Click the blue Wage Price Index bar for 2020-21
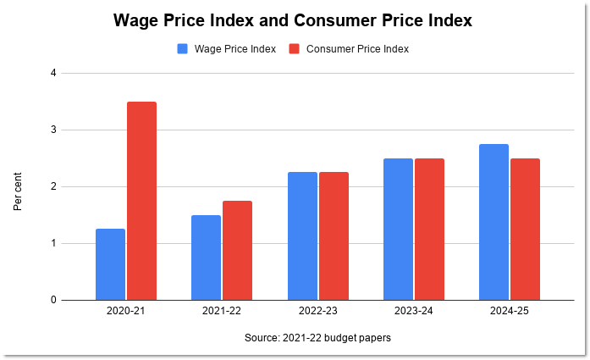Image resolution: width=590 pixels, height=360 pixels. coord(110,264)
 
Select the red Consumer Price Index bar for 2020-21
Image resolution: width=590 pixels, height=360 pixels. coord(142,201)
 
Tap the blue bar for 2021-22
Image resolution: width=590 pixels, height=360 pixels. coord(206,258)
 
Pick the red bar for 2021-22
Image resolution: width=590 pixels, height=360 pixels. coord(238,250)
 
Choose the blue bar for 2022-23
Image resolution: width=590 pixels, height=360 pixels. coord(301,236)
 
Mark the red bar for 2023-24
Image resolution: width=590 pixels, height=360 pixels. coord(429,229)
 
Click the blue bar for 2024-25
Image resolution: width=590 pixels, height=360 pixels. coord(494,222)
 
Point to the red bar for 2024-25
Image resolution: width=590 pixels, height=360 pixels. coord(525,229)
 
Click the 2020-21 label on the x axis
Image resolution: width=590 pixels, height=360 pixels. coord(126,312)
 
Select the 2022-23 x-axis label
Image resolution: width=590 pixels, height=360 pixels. coord(317,312)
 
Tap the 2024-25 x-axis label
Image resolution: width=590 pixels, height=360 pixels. coord(509,312)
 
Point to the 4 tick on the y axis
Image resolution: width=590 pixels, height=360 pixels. coord(52,73)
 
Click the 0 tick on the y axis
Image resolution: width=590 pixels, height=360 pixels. coord(52,300)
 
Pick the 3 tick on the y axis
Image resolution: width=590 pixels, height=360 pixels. coord(52,130)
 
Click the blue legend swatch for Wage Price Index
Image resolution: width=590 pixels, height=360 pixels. coord(183,49)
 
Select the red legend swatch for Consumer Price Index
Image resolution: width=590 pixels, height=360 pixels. coord(295,49)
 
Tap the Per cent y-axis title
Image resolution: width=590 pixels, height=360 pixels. coord(18,191)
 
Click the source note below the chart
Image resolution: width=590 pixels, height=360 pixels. coord(317,337)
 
